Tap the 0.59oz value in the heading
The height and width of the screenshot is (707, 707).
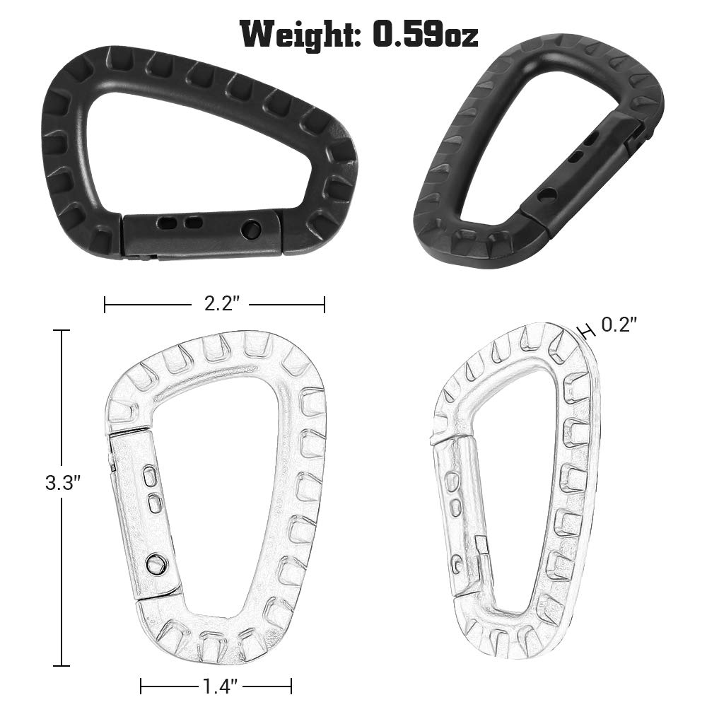coord(425,34)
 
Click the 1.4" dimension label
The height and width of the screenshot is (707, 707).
coord(216,686)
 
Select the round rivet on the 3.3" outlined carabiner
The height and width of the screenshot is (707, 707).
coord(153,563)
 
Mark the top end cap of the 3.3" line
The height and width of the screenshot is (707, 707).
coord(62,331)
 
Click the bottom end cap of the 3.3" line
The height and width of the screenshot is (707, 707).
coord(62,665)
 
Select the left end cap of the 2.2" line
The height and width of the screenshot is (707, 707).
coord(105,305)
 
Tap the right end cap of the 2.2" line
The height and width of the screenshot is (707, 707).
coord(325,305)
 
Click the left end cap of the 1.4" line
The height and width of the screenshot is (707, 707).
coord(141,686)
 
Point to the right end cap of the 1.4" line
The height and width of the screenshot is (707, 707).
coord(291,686)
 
